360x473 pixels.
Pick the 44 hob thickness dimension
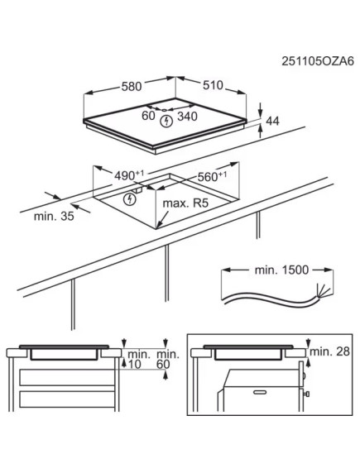271,122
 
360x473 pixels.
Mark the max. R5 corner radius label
185,203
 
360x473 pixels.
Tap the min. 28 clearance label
328,352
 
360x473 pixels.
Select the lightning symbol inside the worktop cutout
129,199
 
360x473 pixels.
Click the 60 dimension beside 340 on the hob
148,117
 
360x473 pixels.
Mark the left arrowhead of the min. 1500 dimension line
225,270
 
